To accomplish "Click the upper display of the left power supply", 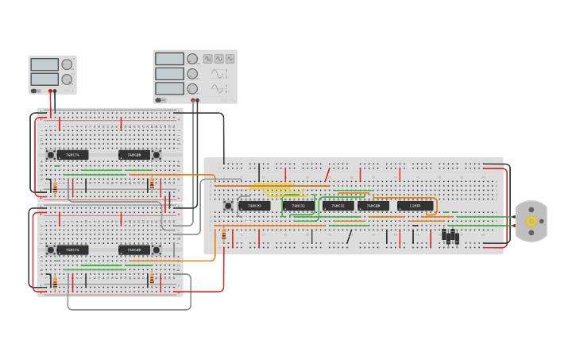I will (44, 64).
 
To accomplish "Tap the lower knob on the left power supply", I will (67, 79).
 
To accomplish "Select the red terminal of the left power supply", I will (50, 91).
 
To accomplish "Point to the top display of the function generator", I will (169, 59).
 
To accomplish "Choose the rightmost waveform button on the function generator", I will (230, 59).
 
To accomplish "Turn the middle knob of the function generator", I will (192, 74).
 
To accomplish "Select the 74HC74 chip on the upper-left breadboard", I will (72, 154).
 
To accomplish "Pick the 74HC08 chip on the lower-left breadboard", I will (134, 250).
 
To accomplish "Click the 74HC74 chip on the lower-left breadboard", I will (72, 250).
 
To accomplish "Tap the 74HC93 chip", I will (254, 206).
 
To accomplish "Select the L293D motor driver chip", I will (415, 206).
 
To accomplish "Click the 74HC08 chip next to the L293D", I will (373, 206).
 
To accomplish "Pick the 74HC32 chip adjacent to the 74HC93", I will (298, 206).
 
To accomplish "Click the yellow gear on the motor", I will (532, 222).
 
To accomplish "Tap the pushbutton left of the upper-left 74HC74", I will (50, 154).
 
